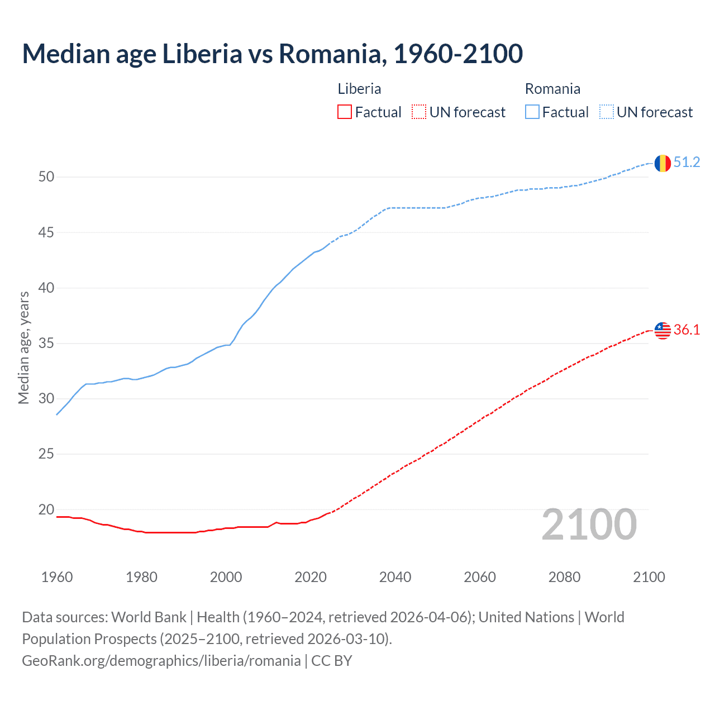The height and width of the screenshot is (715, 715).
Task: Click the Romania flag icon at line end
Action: click(662, 163)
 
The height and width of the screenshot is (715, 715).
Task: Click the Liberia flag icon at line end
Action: click(662, 330)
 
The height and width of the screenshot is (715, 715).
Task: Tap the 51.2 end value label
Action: click(687, 163)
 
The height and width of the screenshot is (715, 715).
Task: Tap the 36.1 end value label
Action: click(687, 330)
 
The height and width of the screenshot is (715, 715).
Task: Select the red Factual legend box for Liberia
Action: click(345, 112)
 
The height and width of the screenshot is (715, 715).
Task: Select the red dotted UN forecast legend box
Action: click(419, 112)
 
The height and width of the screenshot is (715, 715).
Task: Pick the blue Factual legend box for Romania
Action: click(532, 112)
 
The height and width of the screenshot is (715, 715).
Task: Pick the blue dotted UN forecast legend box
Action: click(606, 112)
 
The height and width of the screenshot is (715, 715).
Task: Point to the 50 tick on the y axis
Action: click(46, 177)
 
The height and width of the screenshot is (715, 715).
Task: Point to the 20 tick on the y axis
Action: click(46, 509)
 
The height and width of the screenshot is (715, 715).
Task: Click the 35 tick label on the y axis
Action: click(46, 343)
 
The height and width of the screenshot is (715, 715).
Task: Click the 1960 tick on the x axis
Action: click(57, 577)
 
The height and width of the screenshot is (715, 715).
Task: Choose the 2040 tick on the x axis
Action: click(395, 577)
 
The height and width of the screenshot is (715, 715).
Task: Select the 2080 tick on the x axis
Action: click(564, 577)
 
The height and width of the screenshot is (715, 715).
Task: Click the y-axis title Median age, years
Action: click(23, 347)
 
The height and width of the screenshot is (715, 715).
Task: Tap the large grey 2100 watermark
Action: click(589, 524)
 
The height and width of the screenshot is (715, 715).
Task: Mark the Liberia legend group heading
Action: click(359, 89)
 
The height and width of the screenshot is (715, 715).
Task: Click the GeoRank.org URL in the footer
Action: click(161, 661)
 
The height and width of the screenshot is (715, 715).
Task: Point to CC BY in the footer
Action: click(332, 661)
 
